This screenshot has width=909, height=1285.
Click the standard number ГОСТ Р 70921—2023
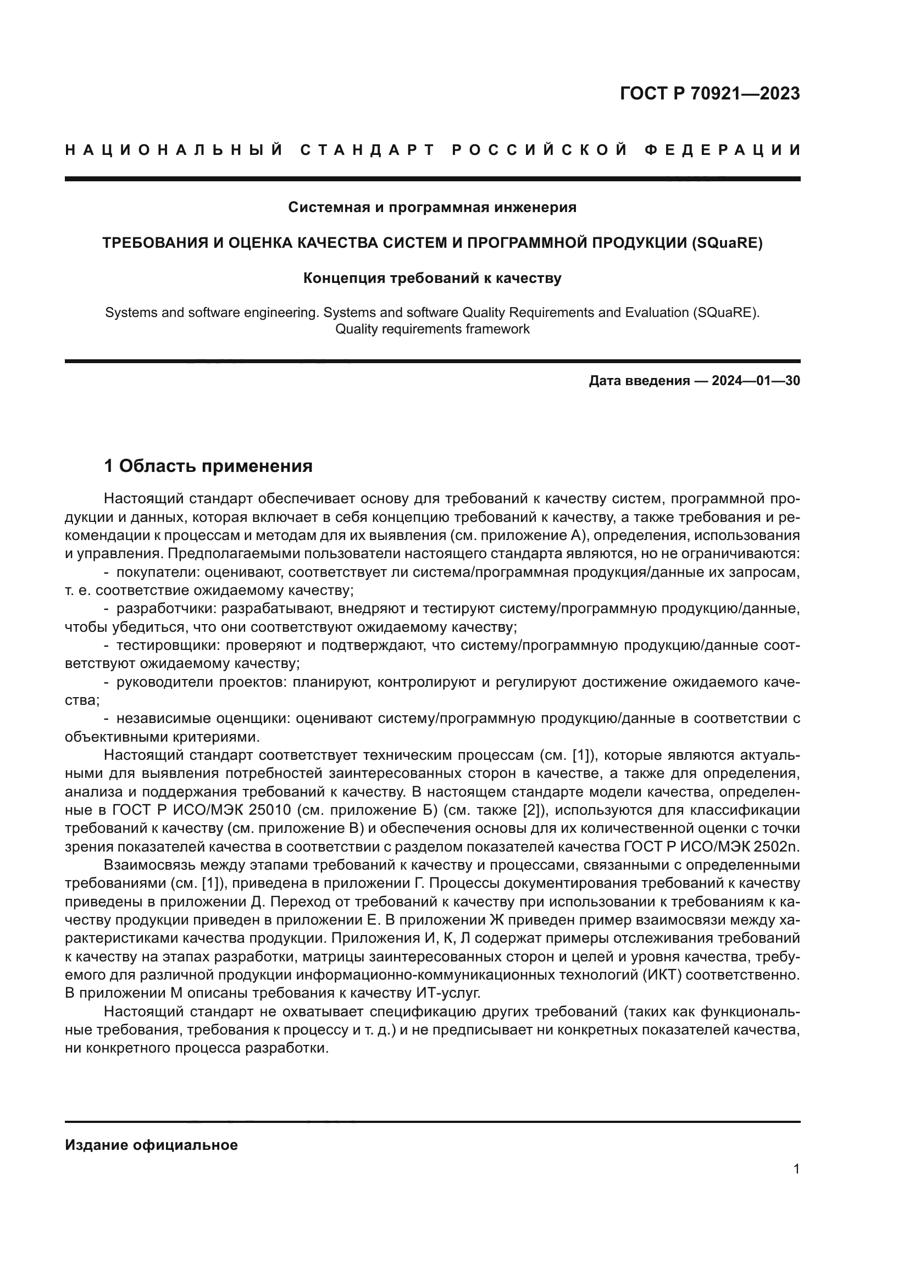[x=710, y=93]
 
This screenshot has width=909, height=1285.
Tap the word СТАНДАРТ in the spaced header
[x=367, y=150]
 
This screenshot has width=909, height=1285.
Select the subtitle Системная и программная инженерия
[x=432, y=208]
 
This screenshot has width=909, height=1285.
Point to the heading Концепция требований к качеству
[x=432, y=278]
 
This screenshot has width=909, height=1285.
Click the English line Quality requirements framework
[x=432, y=329]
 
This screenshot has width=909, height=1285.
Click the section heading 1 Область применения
[x=208, y=466]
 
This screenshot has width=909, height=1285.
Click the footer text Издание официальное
[x=151, y=1145]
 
